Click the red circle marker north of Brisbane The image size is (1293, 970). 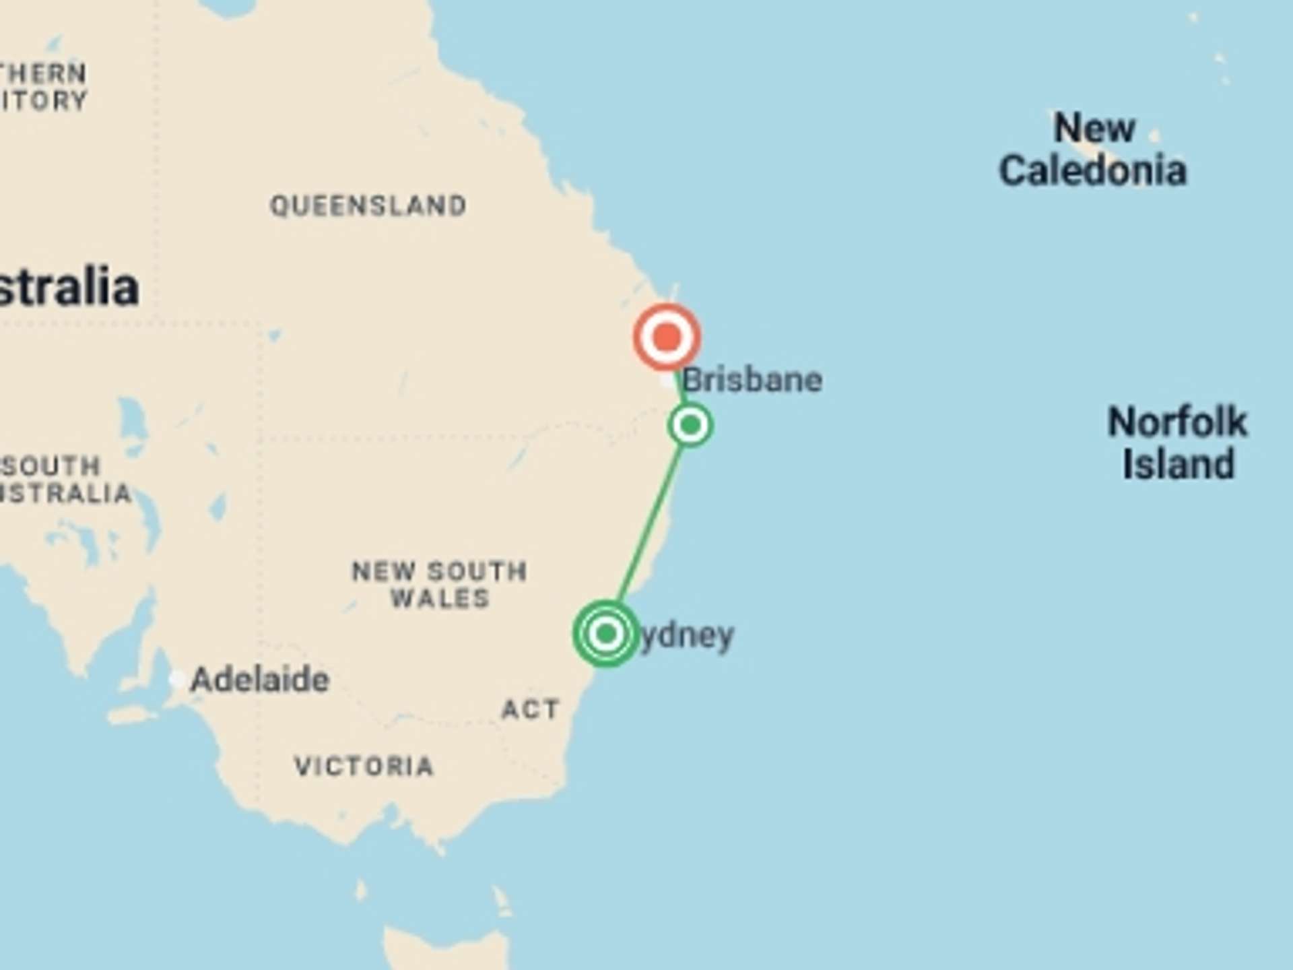coord(667,337)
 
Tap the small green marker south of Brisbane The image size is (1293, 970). coord(690,425)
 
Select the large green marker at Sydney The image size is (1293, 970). coord(606,633)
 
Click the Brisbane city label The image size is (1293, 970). coord(752,381)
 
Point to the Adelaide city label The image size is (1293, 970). coord(260,680)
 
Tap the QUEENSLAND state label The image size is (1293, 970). coord(368,205)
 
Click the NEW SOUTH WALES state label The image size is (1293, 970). coord(440,585)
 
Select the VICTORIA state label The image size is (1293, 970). coord(364,767)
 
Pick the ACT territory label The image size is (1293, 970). coord(531,709)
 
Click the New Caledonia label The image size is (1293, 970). coord(1092,150)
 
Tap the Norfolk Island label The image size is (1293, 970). coord(1178,443)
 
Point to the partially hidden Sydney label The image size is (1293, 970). coord(687,636)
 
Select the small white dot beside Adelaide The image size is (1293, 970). coord(177,679)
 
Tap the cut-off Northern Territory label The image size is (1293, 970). coord(43,87)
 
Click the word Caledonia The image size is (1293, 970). coord(1092,171)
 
